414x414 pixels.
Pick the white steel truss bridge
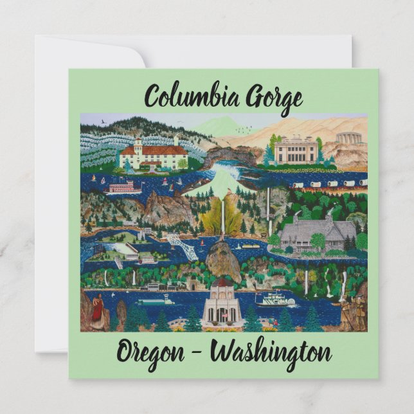[x=182, y=246]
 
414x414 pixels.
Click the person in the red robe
[x=98, y=309]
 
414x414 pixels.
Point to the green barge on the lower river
[x=155, y=300]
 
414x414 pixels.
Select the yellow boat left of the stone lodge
[x=251, y=245]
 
